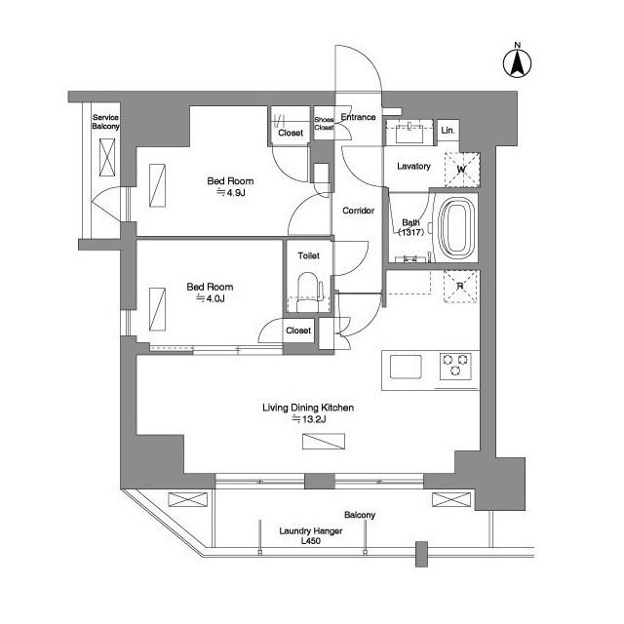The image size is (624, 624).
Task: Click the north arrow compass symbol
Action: pos(518,63)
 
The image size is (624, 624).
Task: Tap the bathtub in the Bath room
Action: pos(457,228)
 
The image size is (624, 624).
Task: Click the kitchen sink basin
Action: pos(406,367)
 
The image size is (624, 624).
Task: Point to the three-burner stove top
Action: pos(455,366)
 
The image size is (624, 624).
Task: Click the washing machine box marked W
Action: pos(461,169)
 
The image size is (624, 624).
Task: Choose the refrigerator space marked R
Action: pos(460,286)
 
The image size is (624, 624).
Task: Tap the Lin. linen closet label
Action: pos(448,130)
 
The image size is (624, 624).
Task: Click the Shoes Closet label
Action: pos(324,124)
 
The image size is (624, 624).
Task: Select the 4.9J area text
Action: pos(231,193)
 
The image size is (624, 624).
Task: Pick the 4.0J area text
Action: pos(211,298)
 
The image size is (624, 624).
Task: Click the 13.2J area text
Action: pos(309,419)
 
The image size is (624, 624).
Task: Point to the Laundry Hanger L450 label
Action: pos(311,535)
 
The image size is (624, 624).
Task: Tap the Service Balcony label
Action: pos(105,122)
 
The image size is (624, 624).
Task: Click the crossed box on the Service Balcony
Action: pos(107,157)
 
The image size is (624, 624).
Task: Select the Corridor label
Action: pos(358,211)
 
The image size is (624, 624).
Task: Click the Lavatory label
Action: pos(413,166)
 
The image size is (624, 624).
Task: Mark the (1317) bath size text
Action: pos(411,232)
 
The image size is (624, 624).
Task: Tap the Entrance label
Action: pos(358,117)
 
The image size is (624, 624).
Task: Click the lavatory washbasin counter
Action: pos(409,133)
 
